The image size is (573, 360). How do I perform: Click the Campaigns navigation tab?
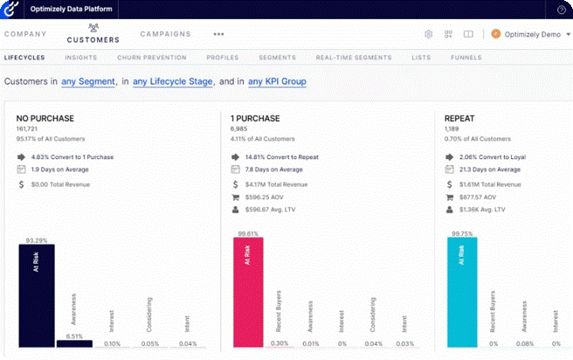(x=165, y=34)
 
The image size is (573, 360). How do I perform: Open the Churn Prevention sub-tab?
(x=151, y=58)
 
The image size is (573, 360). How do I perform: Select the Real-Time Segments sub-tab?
(x=353, y=58)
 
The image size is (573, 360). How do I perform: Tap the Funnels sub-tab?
(x=466, y=58)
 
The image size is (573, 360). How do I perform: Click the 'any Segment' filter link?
(x=88, y=81)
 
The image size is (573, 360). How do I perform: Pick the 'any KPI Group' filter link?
(x=280, y=81)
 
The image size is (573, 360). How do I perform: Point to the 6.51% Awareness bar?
(x=74, y=343)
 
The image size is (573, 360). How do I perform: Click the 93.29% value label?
(x=37, y=239)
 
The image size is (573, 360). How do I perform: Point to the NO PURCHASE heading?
(x=45, y=117)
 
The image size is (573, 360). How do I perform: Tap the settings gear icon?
(x=429, y=34)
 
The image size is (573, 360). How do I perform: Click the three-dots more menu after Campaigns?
(x=218, y=34)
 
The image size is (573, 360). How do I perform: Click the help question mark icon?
(x=562, y=9)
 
